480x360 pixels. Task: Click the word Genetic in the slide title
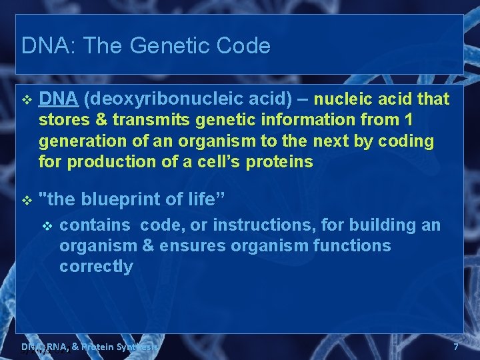pos(169,46)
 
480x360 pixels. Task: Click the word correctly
pos(96,267)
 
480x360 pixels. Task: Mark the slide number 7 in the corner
pos(456,347)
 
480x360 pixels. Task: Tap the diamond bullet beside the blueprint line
pos(27,199)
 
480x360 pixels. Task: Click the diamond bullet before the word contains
pos(47,226)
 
